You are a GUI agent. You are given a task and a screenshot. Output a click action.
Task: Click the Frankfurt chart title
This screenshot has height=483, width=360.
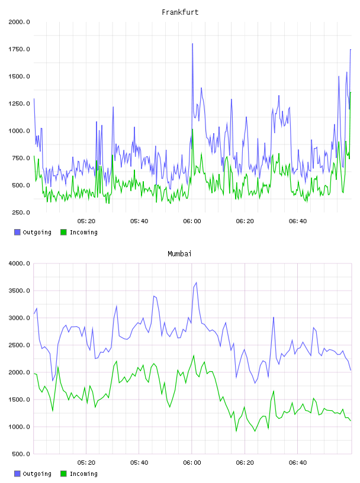tap(180, 12)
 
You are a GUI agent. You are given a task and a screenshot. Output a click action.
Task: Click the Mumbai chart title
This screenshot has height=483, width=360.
tap(179, 254)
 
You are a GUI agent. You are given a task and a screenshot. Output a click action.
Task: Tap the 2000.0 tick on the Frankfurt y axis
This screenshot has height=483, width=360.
tap(19, 22)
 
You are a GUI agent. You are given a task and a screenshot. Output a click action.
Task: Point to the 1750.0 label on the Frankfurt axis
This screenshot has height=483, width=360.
tap(19, 49)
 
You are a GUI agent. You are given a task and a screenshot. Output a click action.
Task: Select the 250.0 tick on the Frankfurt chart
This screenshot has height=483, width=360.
tap(21, 212)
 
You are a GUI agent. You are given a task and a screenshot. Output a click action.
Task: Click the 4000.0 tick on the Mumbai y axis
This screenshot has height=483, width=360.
tap(19, 263)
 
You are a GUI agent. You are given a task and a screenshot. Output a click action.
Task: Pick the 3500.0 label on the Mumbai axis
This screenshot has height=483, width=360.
tap(19, 291)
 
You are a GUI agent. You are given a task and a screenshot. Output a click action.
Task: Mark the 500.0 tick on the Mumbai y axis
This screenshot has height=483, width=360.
tap(21, 454)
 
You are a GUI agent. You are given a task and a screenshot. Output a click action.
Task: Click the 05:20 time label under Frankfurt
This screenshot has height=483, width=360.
tap(86, 221)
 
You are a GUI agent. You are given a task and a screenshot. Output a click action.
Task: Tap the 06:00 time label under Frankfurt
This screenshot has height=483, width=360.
tap(192, 221)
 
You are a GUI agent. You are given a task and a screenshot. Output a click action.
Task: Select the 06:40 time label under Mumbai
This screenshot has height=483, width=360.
tap(298, 463)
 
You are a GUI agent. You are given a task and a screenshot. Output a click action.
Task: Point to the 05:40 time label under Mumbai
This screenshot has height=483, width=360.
tap(139, 463)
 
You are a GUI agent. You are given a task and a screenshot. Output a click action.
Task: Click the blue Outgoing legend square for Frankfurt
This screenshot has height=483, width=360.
tap(17, 232)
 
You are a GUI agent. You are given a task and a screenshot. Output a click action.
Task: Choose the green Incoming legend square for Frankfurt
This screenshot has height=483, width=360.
tap(63, 232)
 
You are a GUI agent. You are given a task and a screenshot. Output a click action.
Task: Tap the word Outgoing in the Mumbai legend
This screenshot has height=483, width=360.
tap(37, 474)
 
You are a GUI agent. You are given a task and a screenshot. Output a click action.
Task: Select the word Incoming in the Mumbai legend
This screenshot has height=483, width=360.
tap(83, 474)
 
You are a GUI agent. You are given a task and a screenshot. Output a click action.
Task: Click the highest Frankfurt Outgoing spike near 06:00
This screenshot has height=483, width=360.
tap(192, 44)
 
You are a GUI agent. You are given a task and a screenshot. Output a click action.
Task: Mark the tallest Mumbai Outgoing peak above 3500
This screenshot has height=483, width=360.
tap(196, 282)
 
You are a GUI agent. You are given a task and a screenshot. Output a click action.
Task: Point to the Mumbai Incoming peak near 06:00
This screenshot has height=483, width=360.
tap(194, 356)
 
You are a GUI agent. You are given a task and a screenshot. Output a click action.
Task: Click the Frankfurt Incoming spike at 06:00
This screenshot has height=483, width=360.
tap(192, 130)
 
